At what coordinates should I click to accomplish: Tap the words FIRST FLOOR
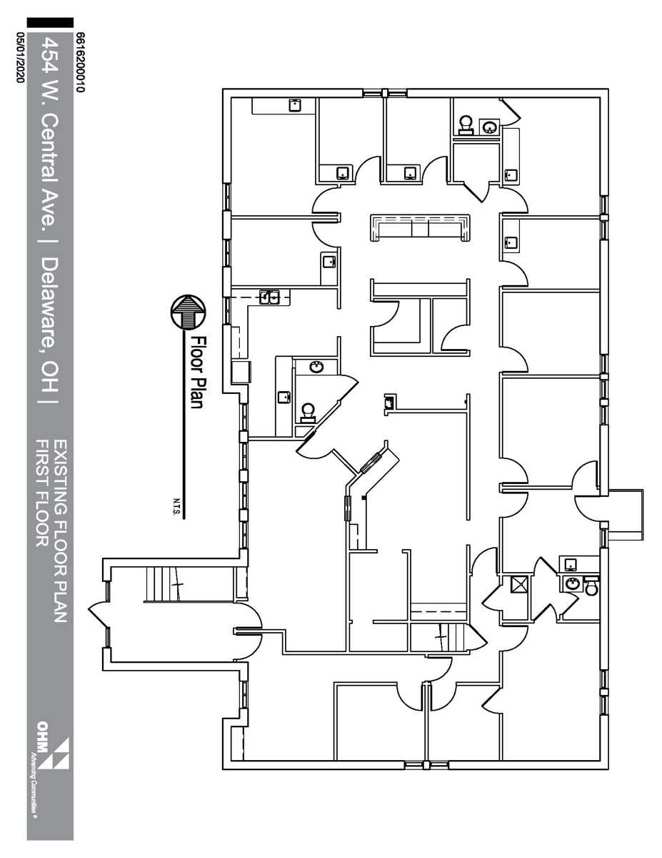[42, 493]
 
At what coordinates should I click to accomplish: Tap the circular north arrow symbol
[188, 312]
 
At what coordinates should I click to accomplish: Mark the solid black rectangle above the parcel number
[50, 23]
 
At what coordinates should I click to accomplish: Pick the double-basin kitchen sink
[270, 296]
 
